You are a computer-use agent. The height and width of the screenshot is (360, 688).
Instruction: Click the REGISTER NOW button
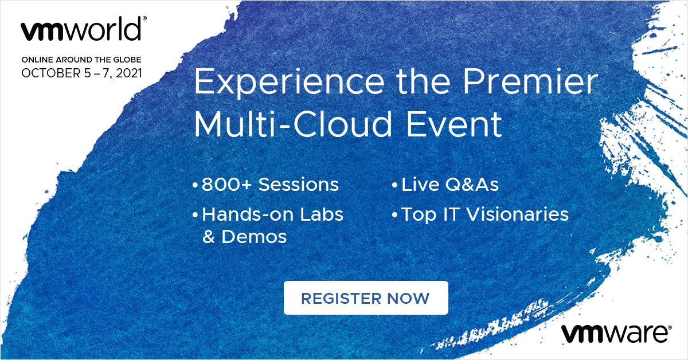pos(366,298)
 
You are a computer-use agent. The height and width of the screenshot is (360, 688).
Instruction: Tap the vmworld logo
pos(84,29)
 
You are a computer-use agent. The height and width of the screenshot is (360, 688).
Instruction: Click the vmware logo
pos(616,333)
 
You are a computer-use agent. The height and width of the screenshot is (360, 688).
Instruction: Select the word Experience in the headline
pos(289,82)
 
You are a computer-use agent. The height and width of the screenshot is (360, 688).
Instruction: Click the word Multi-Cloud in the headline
pos(294,124)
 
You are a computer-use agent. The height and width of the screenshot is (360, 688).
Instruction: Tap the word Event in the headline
pos(454,124)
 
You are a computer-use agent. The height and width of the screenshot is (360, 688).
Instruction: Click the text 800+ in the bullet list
pos(226,185)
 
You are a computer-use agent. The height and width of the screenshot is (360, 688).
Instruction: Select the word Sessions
pos(299,185)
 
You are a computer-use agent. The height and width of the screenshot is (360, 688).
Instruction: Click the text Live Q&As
pos(450,185)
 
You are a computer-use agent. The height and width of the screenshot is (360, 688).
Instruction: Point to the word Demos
pos(254,237)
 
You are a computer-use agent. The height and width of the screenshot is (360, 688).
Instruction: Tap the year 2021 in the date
pos(129,73)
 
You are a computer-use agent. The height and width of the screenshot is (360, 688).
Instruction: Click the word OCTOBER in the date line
pos(50,73)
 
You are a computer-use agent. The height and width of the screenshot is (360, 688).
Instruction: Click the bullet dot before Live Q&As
pos(394,185)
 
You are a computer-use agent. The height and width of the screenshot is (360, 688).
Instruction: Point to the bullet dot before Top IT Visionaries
pos(394,215)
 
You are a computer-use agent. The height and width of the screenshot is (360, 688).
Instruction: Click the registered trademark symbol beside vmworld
pos(144,18)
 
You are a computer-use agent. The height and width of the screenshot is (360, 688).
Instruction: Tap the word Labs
pos(322,214)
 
